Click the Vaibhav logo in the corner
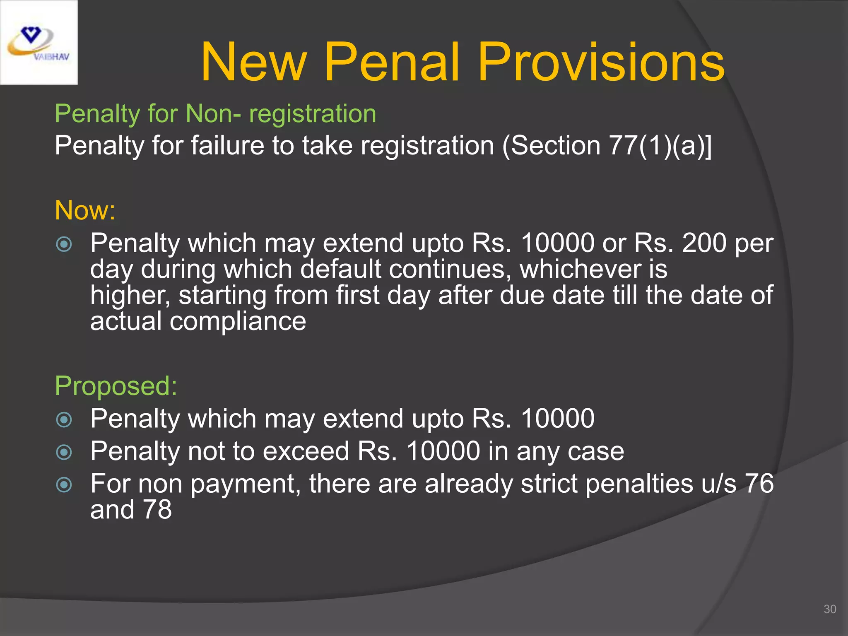[39, 43]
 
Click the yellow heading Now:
[85, 210]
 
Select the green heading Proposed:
[116, 386]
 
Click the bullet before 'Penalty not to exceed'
[64, 452]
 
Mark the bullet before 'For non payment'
[64, 484]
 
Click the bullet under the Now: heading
[64, 244]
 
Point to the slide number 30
[830, 609]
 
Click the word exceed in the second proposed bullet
[306, 451]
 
